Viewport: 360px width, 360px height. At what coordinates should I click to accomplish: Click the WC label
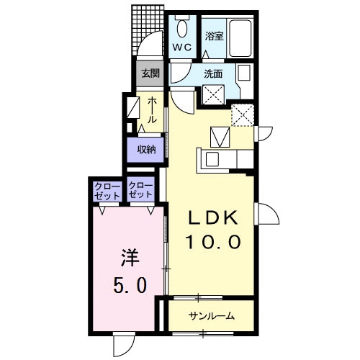tap(182, 48)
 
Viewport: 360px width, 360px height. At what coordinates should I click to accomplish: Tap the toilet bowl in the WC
tap(182, 28)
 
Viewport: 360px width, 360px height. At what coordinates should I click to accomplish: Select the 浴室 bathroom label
tap(214, 36)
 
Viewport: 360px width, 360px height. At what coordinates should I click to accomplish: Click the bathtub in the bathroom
tap(240, 38)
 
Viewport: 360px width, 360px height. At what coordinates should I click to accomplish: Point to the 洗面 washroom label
tap(213, 74)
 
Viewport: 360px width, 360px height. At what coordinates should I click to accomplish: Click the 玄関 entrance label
tap(150, 73)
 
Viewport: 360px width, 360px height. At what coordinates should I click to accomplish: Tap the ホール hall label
tap(152, 110)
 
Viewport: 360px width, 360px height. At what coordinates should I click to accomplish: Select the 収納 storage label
tap(147, 150)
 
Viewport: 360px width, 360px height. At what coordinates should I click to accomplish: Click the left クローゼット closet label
tap(107, 192)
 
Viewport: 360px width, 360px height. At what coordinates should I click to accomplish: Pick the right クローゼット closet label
tap(140, 190)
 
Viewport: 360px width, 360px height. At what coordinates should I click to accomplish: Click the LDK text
tap(213, 217)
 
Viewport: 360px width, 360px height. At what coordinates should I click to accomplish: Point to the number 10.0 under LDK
tap(213, 241)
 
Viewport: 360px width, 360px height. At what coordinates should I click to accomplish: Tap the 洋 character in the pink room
tap(130, 258)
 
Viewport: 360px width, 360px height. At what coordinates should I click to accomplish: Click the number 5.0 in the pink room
tap(130, 285)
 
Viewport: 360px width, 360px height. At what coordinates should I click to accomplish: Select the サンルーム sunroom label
tap(211, 316)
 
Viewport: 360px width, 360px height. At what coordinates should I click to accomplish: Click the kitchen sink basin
tap(212, 158)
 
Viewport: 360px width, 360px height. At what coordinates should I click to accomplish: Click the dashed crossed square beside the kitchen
tap(243, 115)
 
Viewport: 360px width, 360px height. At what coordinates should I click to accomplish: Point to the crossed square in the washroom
tap(213, 94)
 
